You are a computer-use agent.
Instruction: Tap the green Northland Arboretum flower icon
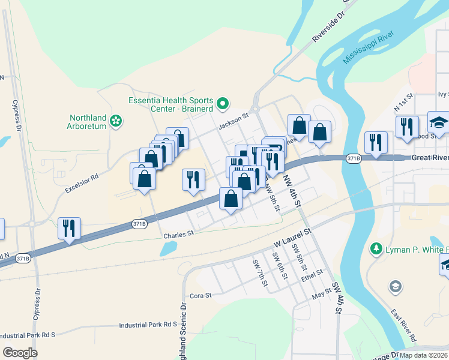(x=116, y=122)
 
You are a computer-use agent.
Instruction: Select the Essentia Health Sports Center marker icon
(x=223, y=104)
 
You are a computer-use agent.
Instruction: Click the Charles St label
(x=178, y=235)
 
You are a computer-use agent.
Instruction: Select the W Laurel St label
(x=294, y=238)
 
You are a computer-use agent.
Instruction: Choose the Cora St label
(x=201, y=295)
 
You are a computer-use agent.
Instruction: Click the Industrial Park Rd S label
(x=148, y=325)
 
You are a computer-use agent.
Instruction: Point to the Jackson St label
(x=234, y=120)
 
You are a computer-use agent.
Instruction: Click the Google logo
(x=20, y=353)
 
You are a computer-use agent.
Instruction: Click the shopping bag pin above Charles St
(x=231, y=199)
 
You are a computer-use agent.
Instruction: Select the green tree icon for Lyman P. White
(x=376, y=248)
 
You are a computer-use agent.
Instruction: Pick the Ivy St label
(x=443, y=94)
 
